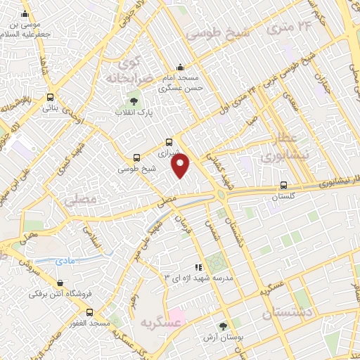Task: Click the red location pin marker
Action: [181, 166]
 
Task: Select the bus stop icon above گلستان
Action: [283, 186]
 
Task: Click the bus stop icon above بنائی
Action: [50, 98]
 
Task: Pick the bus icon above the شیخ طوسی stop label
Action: [136, 158]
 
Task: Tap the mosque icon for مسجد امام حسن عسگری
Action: [181, 68]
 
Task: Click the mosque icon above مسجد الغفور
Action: [89, 311]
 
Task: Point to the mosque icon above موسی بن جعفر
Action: [25, 14]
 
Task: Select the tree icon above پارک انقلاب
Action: [124, 103]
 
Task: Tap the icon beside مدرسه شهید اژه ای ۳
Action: [199, 267]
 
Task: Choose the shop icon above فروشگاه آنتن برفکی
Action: [48, 283]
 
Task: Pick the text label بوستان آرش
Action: [223, 337]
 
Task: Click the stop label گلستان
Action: [283, 198]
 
